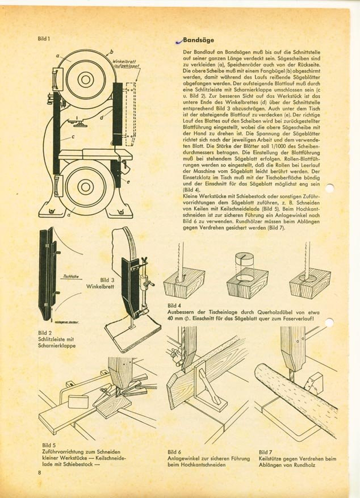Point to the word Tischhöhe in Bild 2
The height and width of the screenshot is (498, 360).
[x=72, y=277]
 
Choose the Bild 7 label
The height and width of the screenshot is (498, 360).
[x=266, y=452]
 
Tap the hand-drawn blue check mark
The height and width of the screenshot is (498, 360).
[x=179, y=41]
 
